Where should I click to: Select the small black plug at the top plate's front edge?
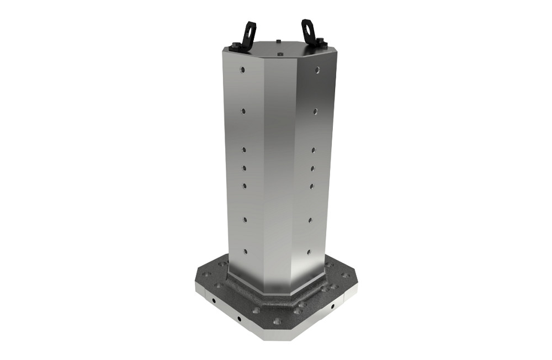pos(280,54)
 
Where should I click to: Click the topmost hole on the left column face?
pos(242,70)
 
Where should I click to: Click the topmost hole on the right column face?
pos(317,70)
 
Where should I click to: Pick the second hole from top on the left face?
pos(243,110)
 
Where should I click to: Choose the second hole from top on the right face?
pos(315,111)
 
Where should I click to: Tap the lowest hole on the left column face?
pos(245,251)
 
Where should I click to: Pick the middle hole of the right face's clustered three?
pos(312,168)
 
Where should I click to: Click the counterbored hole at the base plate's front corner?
pos(277,321)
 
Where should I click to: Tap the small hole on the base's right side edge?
pos(332,306)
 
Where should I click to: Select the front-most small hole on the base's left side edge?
pos(239,319)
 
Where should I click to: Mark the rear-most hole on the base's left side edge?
pos(213,300)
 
